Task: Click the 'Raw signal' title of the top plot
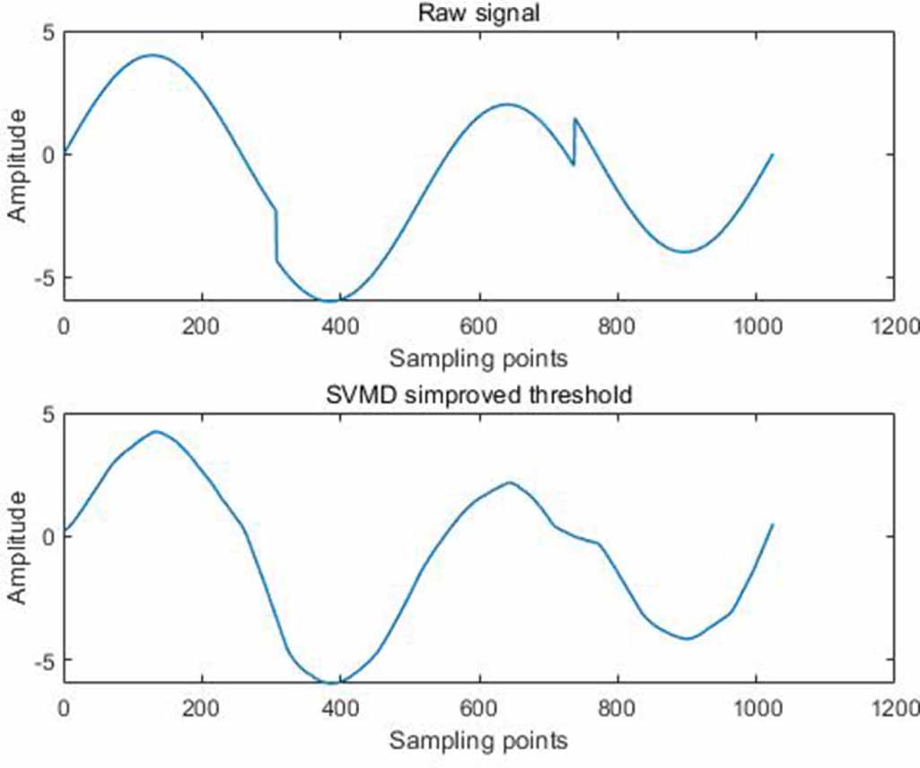[478, 13]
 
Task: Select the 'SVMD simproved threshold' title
[478, 396]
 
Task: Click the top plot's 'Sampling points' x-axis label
[478, 358]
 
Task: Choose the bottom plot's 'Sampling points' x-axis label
[478, 741]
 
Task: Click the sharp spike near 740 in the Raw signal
[574, 119]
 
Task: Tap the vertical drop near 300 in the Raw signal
[276, 236]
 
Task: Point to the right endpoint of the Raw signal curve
[772, 154]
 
